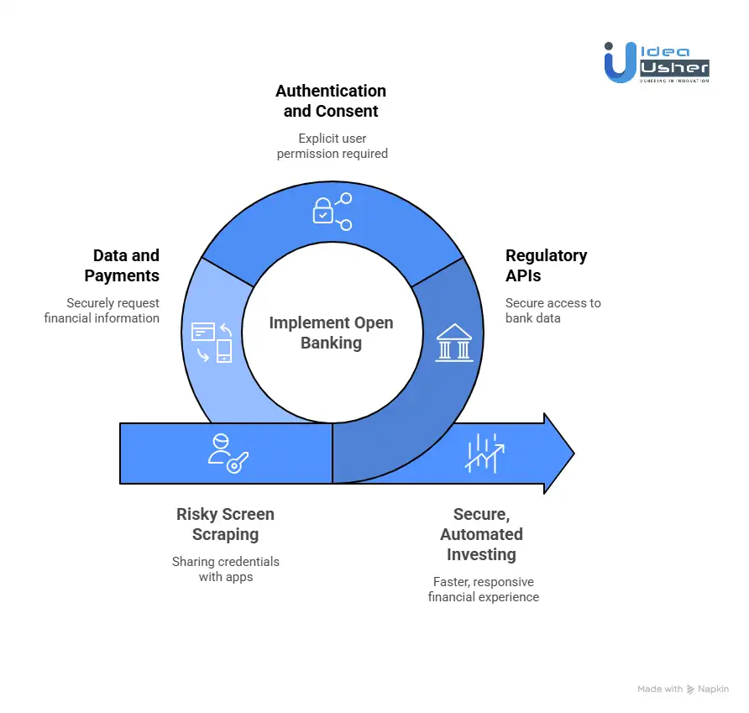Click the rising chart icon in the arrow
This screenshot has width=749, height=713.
(484, 453)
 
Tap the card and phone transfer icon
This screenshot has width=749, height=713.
(212, 341)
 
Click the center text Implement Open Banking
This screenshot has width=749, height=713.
(331, 333)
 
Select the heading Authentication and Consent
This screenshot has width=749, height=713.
(331, 101)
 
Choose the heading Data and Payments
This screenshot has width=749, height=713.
(126, 265)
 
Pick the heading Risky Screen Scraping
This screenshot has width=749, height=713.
(225, 524)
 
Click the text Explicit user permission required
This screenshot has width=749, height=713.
(332, 146)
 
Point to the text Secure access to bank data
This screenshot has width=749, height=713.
(553, 311)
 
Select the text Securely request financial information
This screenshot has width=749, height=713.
(102, 311)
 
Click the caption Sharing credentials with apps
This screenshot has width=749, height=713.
(225, 569)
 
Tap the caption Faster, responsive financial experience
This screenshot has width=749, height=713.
(483, 590)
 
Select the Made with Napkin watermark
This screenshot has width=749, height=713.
(683, 689)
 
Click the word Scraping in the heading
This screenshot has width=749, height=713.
(225, 534)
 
